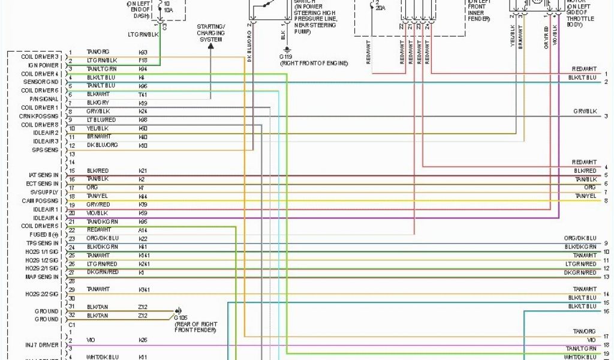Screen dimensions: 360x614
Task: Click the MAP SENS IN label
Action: click(41, 277)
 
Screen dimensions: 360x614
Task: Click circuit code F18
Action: click(143, 61)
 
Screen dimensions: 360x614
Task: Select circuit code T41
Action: click(143, 94)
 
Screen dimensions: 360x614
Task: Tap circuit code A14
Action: click(143, 230)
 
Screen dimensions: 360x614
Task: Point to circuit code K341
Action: click(144, 289)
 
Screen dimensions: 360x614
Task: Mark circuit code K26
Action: click(143, 340)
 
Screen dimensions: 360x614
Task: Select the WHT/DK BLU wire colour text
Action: click(102, 357)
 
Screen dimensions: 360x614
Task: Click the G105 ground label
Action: click(182, 317)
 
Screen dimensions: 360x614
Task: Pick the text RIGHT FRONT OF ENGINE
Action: click(313, 62)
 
